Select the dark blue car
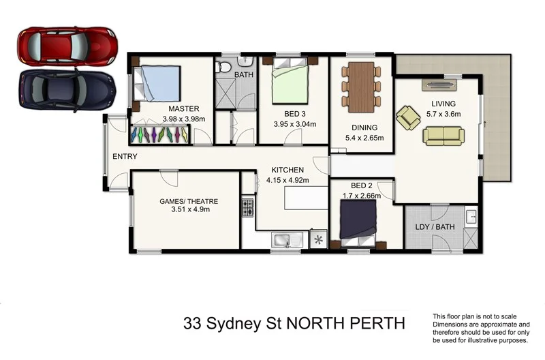(65, 89)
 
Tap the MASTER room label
(183, 108)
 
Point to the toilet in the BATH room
(223, 66)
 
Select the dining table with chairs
(360, 86)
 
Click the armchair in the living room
(409, 117)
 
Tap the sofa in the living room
(443, 135)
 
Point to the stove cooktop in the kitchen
(247, 207)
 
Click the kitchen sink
(281, 240)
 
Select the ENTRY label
(125, 157)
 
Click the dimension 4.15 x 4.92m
(287, 181)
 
